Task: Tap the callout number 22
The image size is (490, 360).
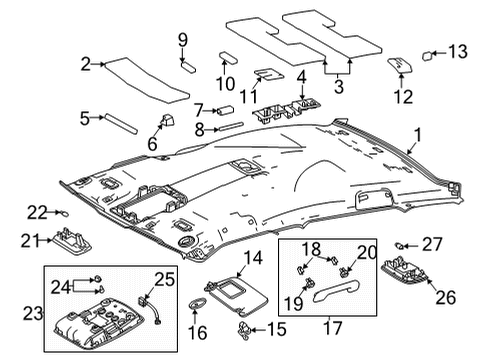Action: click(x=35, y=211)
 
